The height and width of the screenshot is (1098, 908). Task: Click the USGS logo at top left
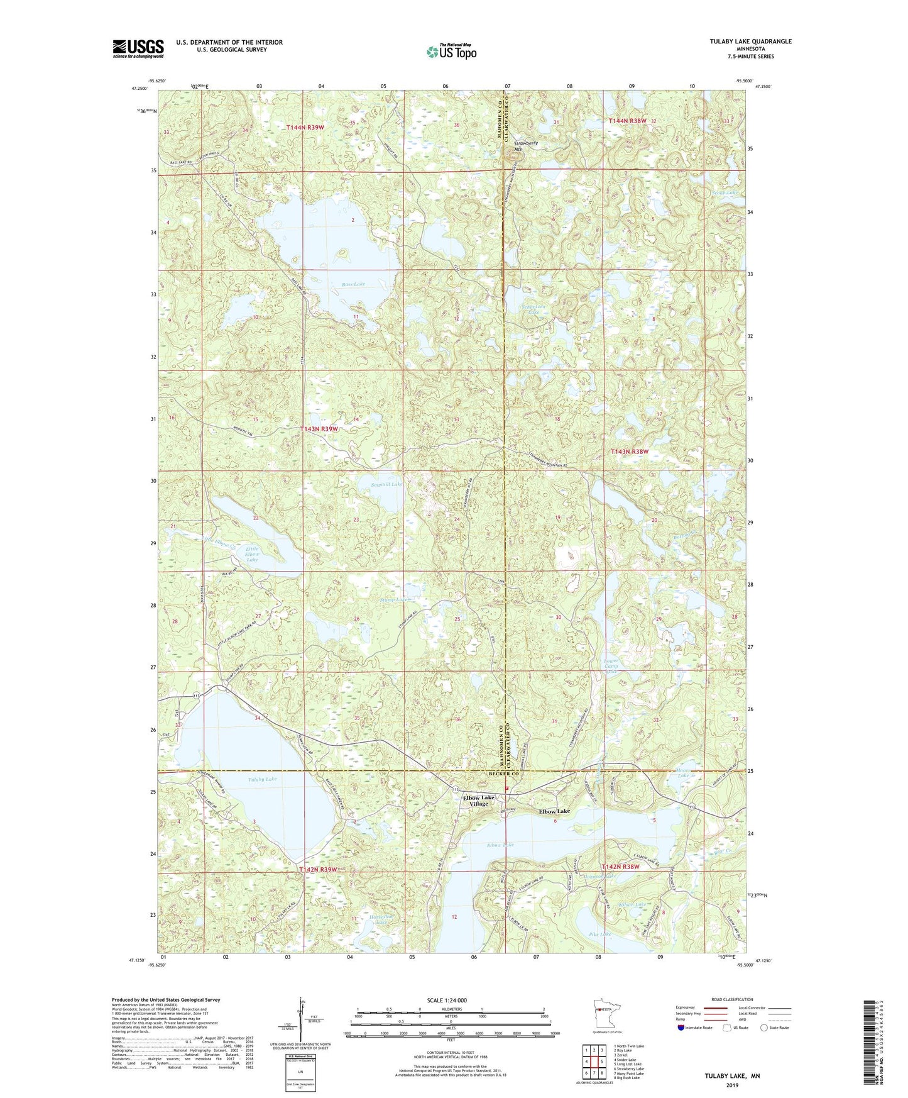(x=138, y=48)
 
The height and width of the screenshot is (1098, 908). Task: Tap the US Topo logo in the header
(x=451, y=52)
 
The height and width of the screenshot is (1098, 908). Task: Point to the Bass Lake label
(x=354, y=284)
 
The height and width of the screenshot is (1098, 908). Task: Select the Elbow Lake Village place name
(x=479, y=801)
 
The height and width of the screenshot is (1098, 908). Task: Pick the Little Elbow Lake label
(x=251, y=554)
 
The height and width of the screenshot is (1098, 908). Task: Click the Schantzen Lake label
(x=532, y=308)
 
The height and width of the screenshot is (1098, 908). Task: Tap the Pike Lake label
(x=600, y=934)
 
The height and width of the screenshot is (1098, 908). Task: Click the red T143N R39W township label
(x=317, y=429)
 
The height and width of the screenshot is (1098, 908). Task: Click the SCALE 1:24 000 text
(x=447, y=1000)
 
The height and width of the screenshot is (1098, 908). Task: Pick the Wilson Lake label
(x=632, y=904)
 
